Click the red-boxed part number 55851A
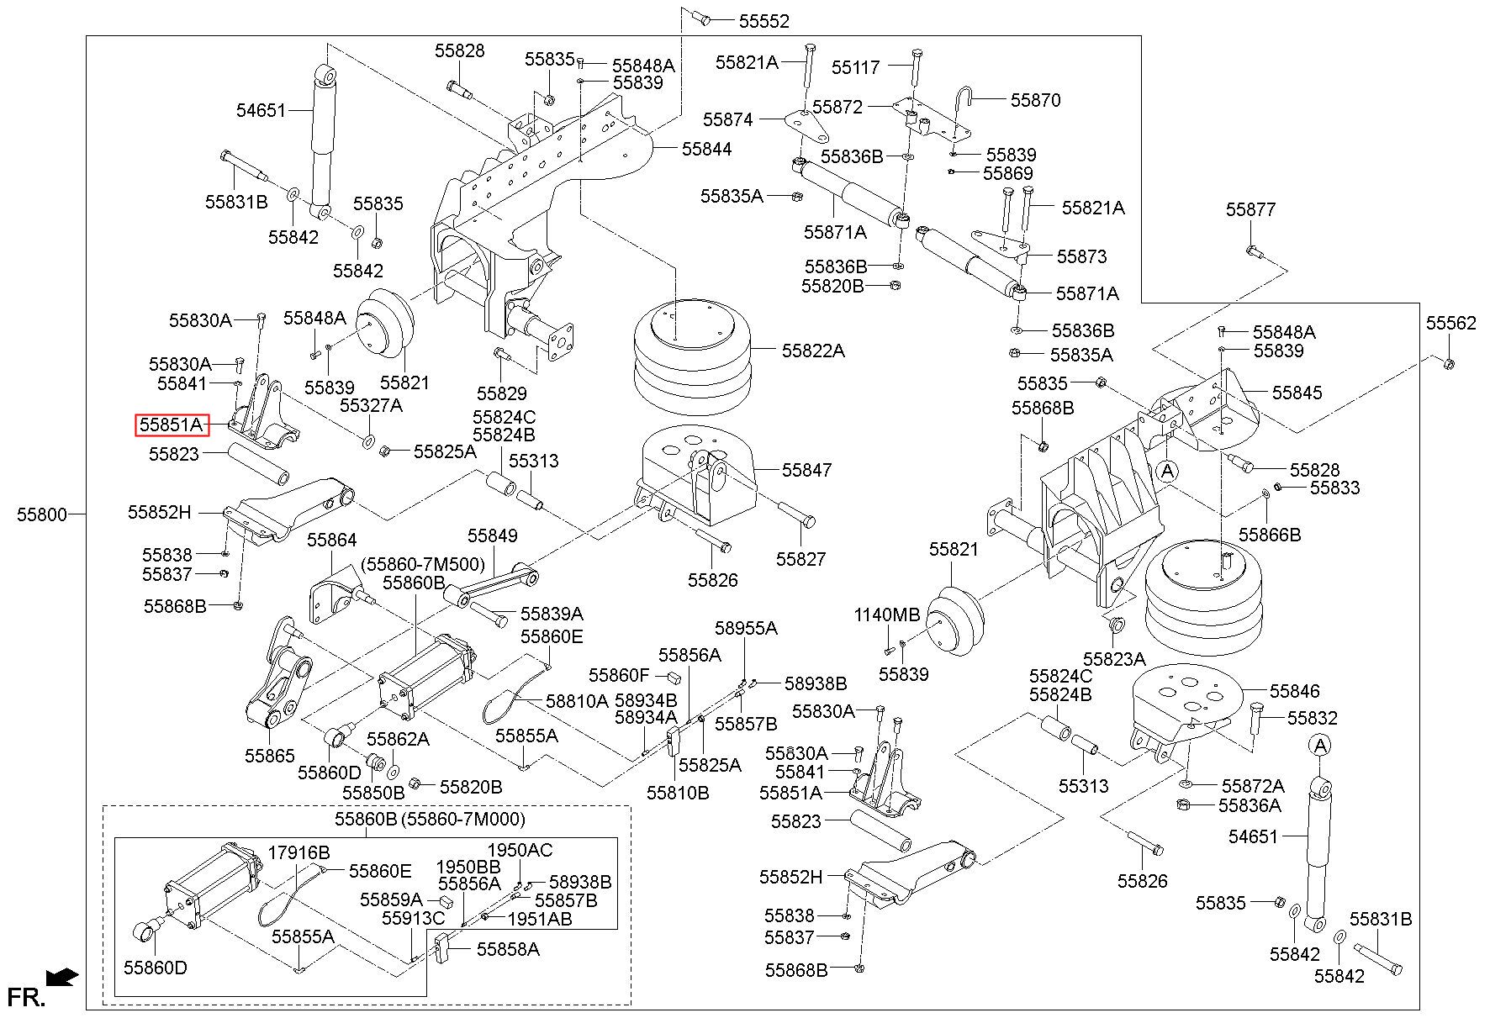[x=172, y=425]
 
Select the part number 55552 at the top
[x=763, y=21]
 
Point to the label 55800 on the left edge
[x=42, y=514]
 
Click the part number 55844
[x=706, y=149]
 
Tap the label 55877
[x=1250, y=209]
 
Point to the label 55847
[x=807, y=470]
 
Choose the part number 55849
[x=493, y=535]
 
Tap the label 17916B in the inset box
[x=299, y=852]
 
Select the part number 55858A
[x=508, y=949]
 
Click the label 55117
[x=856, y=66]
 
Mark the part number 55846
[x=1295, y=691]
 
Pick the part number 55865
[x=270, y=756]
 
